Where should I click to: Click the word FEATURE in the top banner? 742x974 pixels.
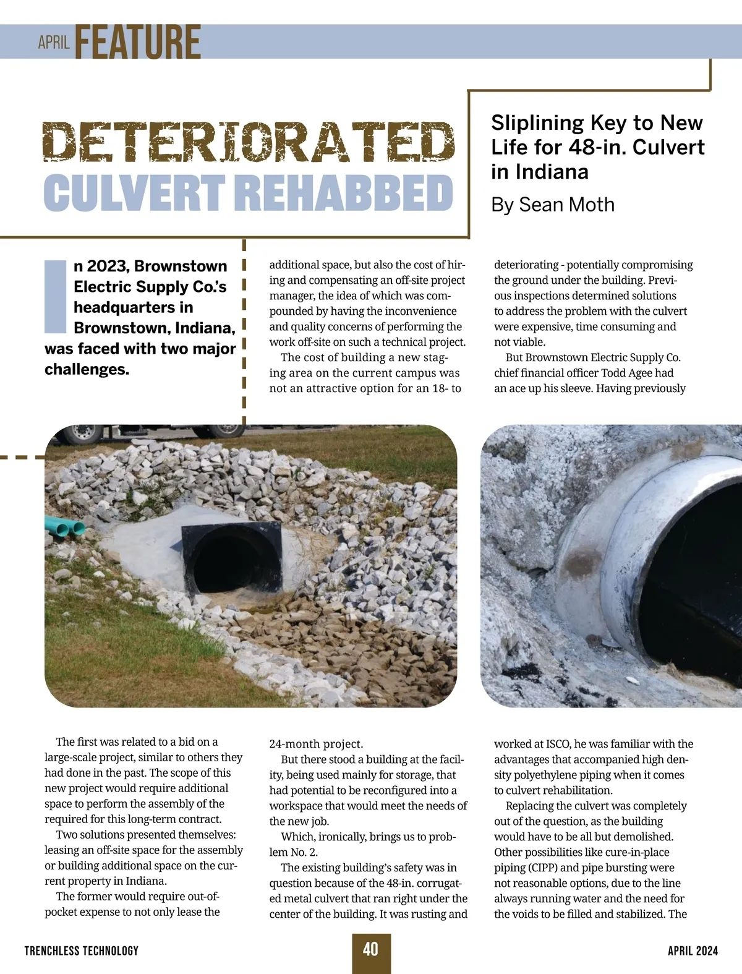(x=138, y=41)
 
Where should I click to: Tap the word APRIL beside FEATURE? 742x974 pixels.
(x=53, y=43)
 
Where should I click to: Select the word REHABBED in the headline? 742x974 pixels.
(x=344, y=192)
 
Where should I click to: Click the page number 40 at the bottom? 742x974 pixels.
(x=370, y=949)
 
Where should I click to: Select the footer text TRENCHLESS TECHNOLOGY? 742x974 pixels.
(x=82, y=951)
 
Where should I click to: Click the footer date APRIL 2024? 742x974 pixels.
(x=693, y=951)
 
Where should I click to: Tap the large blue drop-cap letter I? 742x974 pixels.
(x=56, y=296)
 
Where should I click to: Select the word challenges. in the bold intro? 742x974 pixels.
(x=87, y=369)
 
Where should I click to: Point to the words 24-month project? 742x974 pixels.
(x=316, y=744)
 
